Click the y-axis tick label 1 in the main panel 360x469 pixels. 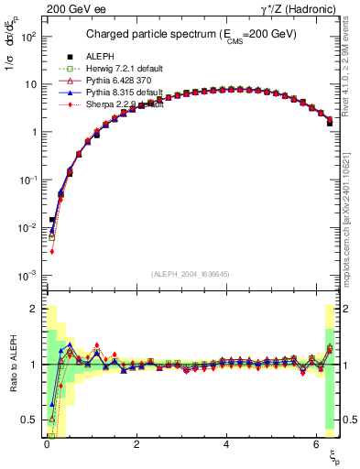(x=35, y=132)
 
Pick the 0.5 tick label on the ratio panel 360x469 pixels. (x=29, y=420)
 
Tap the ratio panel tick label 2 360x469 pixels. (x=35, y=309)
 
